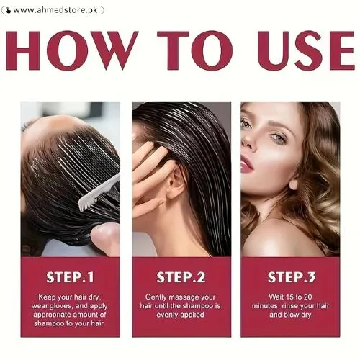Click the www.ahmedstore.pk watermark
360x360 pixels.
(53, 10)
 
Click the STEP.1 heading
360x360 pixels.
(70, 276)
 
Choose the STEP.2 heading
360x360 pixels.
(181, 276)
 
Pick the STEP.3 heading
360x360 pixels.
(291, 276)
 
